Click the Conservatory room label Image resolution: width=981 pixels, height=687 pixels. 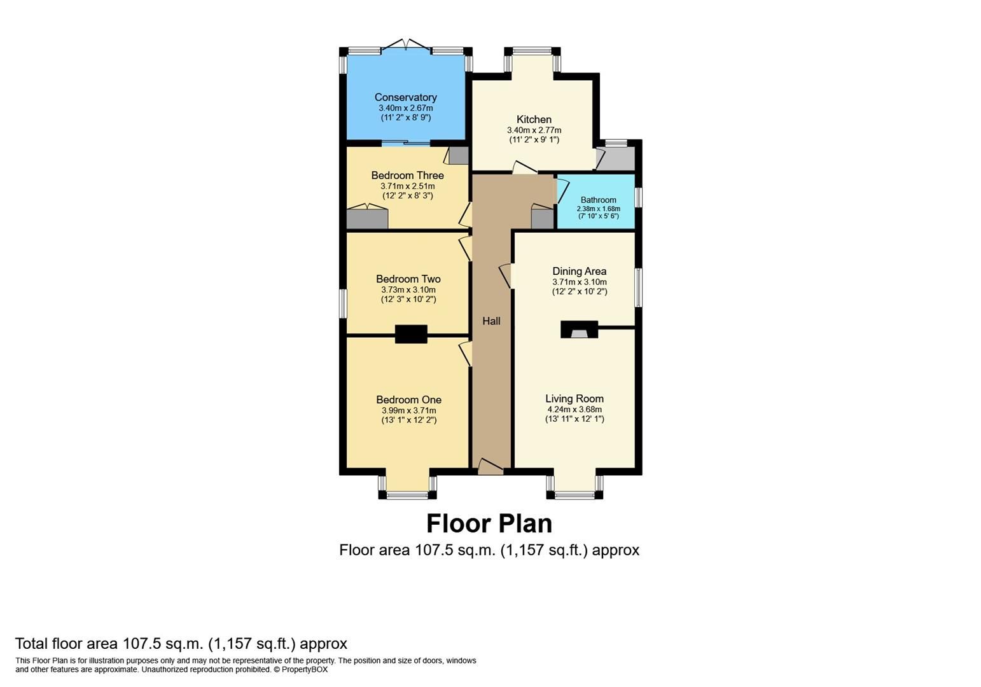pos(405,97)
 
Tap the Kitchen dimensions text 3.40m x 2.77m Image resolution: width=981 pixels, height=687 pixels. pos(534,130)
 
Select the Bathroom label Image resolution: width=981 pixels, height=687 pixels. pos(598,200)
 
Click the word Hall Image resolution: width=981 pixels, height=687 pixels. pos(491,321)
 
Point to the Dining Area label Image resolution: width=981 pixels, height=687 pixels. pos(579,271)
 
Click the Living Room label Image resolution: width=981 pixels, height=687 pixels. pos(574,399)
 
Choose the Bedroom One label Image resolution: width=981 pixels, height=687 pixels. pos(408,399)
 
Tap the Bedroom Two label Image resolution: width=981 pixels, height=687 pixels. pos(408,279)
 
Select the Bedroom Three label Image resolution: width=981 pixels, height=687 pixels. pos(407,175)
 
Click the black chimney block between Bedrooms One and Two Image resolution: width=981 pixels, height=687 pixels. pos(411,334)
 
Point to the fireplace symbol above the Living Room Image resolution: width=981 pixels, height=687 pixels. pos(579,330)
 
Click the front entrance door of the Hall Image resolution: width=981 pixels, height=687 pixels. pos(490,468)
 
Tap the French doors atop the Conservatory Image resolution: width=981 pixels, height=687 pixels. pos(406,45)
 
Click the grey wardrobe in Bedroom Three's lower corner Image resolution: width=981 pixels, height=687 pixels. pos(367,219)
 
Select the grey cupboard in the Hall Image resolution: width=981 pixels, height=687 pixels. pos(542,219)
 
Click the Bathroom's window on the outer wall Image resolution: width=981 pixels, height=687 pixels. pos(639,197)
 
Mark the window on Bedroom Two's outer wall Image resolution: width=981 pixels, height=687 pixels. pos(343,303)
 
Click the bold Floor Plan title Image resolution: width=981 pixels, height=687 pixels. pos(489,524)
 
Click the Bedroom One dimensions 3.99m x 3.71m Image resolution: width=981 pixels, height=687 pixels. pos(408,410)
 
